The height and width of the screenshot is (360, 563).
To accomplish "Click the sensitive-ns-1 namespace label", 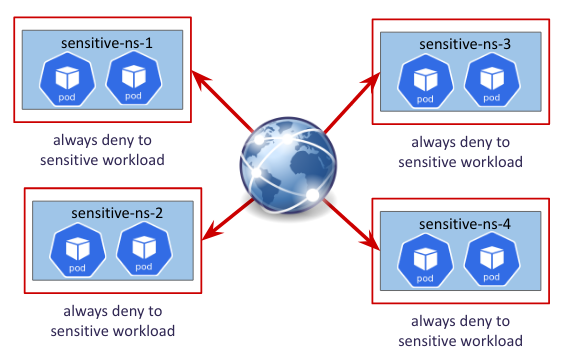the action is point(107,43).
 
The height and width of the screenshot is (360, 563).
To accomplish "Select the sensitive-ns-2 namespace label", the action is point(117,213).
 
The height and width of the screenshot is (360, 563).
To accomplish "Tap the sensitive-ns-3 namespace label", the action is point(465,44).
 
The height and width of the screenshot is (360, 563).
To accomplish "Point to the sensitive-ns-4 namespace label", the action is point(465,224).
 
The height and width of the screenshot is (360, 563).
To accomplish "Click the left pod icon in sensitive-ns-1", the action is point(67,80).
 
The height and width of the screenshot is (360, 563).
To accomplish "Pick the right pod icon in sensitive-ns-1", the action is point(134,78).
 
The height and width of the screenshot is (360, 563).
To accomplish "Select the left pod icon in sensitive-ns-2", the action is point(78,251).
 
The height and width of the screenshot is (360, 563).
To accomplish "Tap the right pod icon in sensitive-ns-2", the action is point(144,249).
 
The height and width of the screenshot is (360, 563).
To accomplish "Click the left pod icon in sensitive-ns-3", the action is point(425,81).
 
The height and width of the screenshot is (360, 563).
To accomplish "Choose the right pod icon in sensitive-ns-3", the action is point(492,80).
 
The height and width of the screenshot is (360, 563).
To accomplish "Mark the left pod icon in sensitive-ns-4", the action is point(425,261).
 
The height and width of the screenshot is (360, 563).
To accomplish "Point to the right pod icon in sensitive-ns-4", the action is point(492,260).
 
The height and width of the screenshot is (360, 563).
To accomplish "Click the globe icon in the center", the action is point(288,166).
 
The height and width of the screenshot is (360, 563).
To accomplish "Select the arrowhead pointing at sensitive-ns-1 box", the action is point(200,79).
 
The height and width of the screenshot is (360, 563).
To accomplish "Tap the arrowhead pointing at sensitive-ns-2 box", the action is point(212,231).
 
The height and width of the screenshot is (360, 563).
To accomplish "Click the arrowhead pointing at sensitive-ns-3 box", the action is point(372,82).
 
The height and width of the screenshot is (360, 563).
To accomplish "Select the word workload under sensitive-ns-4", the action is point(492,341).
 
